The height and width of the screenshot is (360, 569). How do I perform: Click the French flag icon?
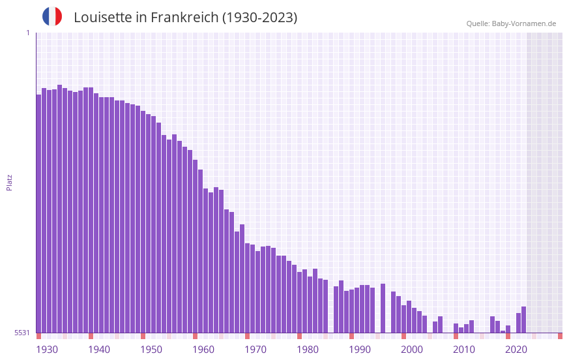[52, 16]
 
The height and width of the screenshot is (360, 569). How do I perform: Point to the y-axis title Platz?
[9, 182]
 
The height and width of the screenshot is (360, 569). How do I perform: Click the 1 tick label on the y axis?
[27, 33]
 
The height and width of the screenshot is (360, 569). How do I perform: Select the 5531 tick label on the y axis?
[22, 333]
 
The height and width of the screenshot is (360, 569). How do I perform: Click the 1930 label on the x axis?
[47, 350]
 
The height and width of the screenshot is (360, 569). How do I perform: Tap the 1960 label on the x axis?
[203, 350]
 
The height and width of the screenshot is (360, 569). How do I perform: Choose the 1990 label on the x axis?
[360, 350]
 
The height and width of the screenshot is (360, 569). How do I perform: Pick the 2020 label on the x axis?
[516, 350]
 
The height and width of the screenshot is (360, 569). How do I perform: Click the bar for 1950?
[143, 222]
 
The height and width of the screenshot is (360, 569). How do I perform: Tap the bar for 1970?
[247, 288]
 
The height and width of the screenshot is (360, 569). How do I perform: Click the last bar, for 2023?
[523, 320]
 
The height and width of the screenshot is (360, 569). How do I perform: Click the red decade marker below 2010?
[456, 336]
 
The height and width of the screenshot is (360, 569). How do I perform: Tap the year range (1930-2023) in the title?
[259, 18]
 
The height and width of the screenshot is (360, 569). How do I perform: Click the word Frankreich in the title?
[184, 18]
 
